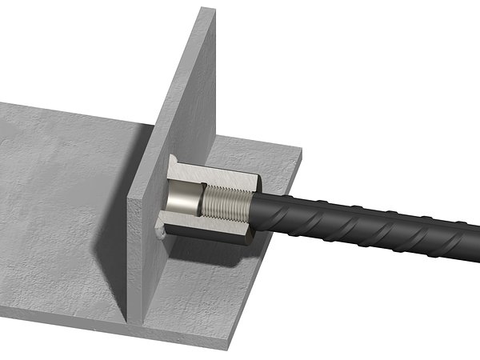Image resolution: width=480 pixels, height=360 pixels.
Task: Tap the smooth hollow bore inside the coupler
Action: [186, 198]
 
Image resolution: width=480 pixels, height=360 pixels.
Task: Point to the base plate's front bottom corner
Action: [228, 346]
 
